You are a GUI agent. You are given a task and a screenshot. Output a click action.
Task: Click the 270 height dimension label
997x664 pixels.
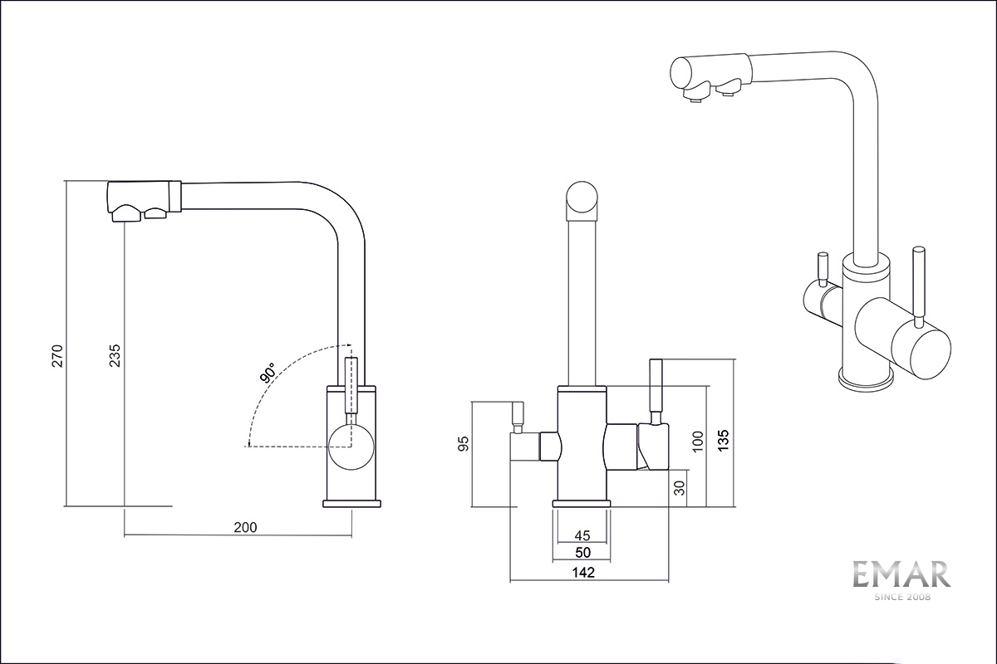(x=57, y=354)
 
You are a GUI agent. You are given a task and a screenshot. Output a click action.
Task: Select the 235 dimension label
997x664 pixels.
(x=115, y=354)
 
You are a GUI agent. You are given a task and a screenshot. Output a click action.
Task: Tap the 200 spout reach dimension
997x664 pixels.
(x=246, y=527)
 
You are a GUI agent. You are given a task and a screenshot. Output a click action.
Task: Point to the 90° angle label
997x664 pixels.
(x=268, y=373)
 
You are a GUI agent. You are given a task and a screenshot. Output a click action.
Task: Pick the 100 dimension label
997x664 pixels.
(x=698, y=440)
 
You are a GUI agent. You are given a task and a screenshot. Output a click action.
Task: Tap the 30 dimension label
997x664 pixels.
(x=680, y=489)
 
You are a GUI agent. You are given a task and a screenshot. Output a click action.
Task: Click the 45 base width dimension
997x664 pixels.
(x=582, y=535)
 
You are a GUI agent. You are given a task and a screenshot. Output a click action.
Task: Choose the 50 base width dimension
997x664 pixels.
(x=582, y=552)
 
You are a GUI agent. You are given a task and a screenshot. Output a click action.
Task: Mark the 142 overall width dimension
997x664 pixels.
(x=584, y=572)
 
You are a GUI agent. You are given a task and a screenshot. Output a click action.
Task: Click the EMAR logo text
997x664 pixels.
(x=901, y=574)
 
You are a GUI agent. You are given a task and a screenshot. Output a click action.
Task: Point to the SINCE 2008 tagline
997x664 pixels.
(x=901, y=597)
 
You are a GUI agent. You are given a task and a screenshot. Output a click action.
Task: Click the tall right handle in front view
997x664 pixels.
(x=656, y=388)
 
